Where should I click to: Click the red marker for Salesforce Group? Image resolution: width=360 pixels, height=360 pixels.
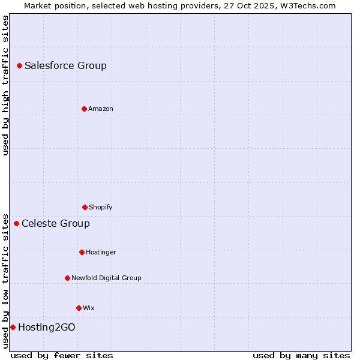click(x=19, y=65)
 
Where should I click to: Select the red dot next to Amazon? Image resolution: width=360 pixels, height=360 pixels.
click(x=84, y=109)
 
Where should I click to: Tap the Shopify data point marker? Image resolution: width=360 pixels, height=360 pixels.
click(x=85, y=207)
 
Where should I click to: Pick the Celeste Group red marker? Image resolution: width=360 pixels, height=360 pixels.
click(x=16, y=223)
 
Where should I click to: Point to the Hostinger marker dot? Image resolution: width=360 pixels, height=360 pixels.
click(x=82, y=252)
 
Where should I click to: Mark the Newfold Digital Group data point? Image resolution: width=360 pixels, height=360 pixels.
click(x=67, y=278)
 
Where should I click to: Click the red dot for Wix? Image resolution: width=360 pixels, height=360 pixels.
click(x=79, y=308)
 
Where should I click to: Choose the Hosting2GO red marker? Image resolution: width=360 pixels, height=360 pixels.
click(x=13, y=327)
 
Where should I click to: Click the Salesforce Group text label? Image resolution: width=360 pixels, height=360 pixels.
click(x=65, y=65)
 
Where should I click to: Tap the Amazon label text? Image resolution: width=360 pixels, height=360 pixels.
click(x=101, y=109)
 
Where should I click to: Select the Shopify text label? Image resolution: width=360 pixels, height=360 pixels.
click(x=101, y=207)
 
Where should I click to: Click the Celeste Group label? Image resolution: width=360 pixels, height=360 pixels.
click(x=56, y=223)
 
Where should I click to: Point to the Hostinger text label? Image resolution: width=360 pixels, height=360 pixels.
click(x=101, y=252)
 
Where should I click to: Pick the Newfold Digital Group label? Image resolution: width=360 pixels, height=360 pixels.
click(x=106, y=278)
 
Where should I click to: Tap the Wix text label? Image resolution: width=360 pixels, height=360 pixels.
click(x=89, y=308)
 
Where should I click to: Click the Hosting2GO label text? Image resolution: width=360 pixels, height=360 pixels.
click(x=47, y=327)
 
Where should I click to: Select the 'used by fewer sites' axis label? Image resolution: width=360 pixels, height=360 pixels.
click(x=62, y=355)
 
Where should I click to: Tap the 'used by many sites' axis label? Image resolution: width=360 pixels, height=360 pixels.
click(x=301, y=355)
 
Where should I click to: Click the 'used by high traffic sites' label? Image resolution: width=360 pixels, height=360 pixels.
click(x=5, y=85)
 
